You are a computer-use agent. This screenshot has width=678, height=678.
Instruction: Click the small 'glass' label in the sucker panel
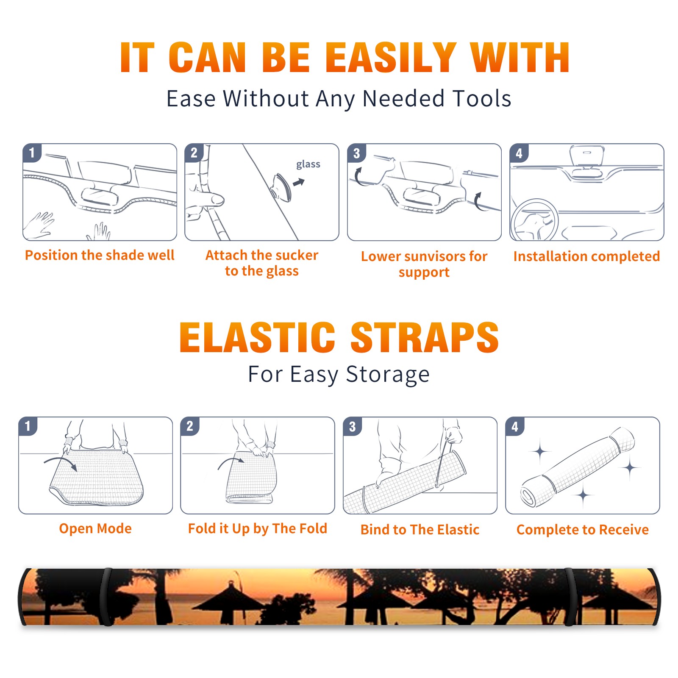308,164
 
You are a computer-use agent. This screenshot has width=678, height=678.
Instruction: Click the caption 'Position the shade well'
100,255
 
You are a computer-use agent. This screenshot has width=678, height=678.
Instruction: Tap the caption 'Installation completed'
586,256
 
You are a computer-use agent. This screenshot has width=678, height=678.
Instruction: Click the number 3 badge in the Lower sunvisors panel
356,153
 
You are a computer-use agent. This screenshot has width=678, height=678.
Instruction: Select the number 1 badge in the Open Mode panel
28,426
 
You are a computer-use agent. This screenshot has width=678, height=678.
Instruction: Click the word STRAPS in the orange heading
425,337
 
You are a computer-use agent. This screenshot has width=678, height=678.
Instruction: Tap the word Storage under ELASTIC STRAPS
388,375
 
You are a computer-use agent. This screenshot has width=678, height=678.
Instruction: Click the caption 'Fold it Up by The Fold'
258,528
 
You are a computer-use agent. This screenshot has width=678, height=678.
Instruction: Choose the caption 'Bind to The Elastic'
420,530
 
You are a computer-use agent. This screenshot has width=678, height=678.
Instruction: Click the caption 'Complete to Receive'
583,530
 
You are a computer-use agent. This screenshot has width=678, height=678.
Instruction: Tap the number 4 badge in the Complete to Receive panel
515,426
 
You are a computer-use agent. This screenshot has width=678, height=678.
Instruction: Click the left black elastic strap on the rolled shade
106,597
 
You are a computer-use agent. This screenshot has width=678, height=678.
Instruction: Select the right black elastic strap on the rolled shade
570,597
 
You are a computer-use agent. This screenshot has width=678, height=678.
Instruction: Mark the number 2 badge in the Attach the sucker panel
194,153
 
